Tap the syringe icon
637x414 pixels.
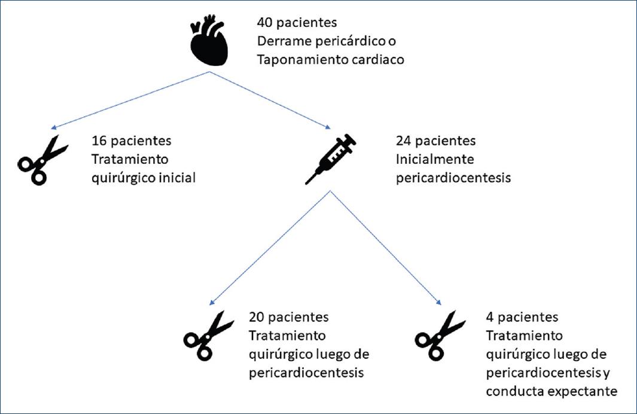[331, 159]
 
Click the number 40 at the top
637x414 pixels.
[264, 24]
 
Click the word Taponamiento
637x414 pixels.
[295, 60]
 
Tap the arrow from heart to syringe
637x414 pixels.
[270, 100]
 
